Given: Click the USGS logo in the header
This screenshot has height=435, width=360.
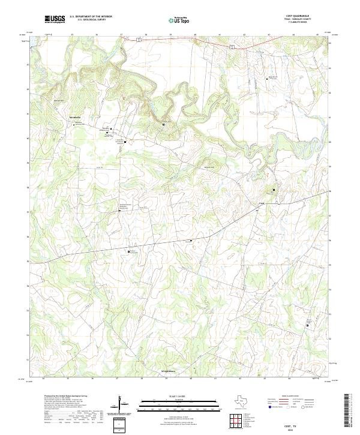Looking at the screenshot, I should click(55, 20).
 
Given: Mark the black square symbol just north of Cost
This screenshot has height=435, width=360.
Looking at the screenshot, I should click(274, 190).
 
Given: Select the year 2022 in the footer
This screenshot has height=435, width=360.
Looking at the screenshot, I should click(307, 428).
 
